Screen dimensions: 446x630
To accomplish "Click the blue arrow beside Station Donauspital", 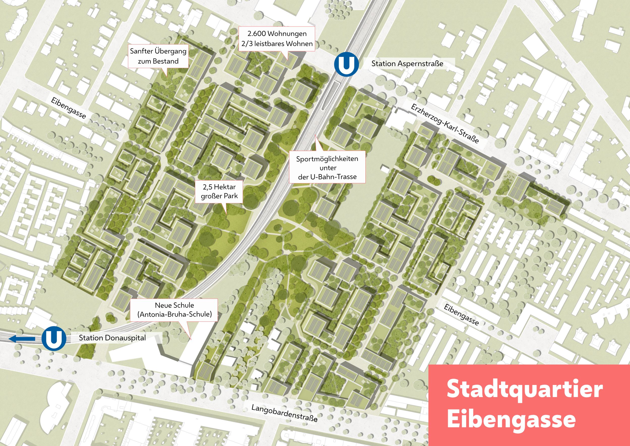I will click(x=22, y=339).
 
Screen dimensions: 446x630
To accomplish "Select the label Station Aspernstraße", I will click(x=407, y=64).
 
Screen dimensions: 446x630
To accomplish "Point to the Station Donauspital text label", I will click(x=112, y=338).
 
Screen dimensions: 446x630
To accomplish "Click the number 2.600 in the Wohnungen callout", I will click(x=256, y=34).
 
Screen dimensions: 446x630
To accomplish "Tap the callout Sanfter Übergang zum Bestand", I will click(x=158, y=56).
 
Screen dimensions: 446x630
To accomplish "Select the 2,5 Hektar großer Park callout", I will click(x=219, y=191).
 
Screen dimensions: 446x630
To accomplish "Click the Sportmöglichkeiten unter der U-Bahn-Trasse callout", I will click(x=327, y=168).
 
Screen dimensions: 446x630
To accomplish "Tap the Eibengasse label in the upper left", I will click(x=68, y=108).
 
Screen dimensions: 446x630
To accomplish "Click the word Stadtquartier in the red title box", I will click(x=524, y=389).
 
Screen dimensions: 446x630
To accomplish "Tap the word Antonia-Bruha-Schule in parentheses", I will click(x=175, y=315).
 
